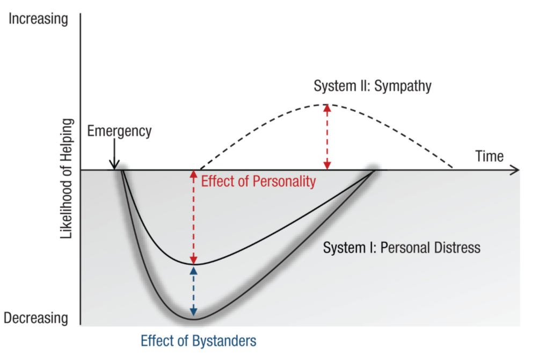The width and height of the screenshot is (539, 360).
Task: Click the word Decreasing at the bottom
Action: [36, 318]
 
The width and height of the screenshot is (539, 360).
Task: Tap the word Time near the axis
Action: [489, 156]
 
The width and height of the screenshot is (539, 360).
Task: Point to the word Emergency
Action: [119, 131]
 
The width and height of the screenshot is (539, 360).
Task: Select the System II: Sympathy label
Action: [373, 86]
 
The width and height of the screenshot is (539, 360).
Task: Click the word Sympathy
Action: [402, 86]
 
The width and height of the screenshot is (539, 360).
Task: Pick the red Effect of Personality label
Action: [258, 181]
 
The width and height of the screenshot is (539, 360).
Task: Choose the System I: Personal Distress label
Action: [402, 248]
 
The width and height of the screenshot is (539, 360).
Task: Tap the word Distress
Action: [457, 248]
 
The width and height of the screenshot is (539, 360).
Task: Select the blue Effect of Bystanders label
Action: [199, 340]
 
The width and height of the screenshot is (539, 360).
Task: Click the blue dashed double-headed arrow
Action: [194, 292]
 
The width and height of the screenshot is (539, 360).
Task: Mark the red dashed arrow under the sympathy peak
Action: [326, 137]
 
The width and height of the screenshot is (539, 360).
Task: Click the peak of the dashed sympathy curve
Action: [326, 104]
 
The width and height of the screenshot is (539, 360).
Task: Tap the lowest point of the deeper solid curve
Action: [194, 320]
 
